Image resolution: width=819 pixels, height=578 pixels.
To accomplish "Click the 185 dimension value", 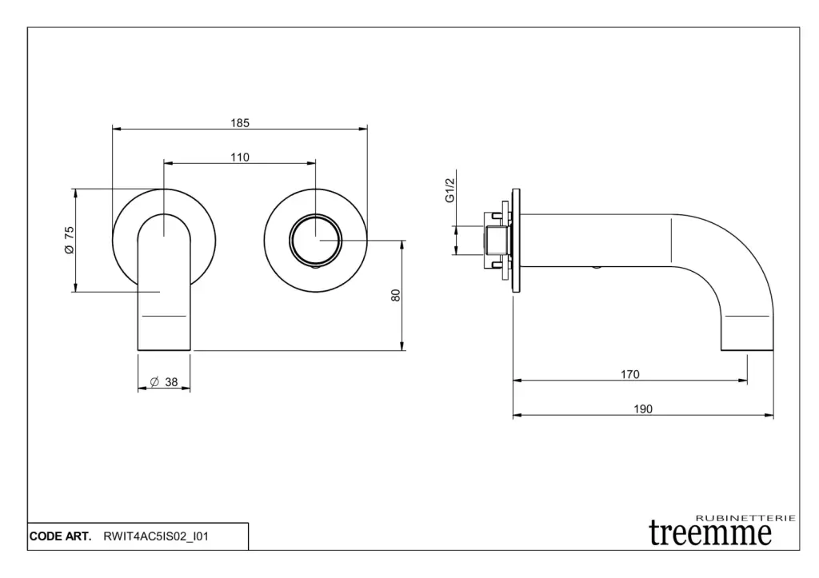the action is tap(240, 123).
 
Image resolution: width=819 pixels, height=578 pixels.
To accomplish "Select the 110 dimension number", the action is tap(240, 157).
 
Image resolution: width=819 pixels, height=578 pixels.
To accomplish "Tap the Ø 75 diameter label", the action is tap(70, 240).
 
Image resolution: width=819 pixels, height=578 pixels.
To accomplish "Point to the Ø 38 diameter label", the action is tap(164, 382).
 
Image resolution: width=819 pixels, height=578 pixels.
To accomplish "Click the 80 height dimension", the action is tap(396, 296).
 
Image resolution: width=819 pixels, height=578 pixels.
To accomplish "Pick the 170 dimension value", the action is tap(630, 374).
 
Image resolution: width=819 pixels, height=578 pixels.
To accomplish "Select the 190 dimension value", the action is tap(643, 409).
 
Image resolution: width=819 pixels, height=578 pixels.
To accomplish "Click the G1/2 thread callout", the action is tap(450, 190).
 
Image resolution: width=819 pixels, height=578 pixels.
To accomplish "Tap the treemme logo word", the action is tap(710, 533).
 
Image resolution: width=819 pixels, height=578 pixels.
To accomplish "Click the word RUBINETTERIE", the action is tap(746, 518).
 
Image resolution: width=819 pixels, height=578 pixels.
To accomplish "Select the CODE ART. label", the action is tap(61, 536).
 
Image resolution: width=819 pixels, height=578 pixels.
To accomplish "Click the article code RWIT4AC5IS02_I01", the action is tap(156, 536).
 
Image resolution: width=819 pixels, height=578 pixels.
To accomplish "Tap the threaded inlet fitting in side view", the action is tap(496, 240).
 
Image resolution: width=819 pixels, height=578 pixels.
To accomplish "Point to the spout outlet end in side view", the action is tap(747, 350).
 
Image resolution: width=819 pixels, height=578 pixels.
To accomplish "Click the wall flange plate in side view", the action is tap(516, 240).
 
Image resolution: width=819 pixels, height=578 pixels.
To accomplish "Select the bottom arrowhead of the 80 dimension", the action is tap(402, 346).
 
